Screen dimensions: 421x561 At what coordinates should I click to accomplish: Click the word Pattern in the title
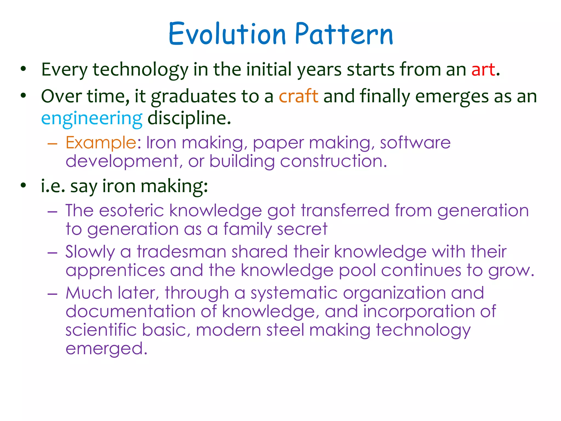(344, 34)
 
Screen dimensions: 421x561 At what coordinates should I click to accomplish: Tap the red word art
(483, 69)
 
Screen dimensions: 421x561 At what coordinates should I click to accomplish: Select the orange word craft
(298, 96)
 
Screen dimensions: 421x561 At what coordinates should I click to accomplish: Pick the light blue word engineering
(92, 118)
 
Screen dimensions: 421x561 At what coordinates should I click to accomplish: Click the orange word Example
(101, 143)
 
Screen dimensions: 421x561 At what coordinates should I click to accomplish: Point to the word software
(415, 143)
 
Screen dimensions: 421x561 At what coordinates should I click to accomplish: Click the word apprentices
(115, 271)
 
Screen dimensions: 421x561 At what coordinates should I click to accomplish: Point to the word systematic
(294, 293)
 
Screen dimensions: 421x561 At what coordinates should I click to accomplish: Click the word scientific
(101, 330)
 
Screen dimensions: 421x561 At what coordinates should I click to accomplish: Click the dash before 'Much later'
(52, 293)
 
